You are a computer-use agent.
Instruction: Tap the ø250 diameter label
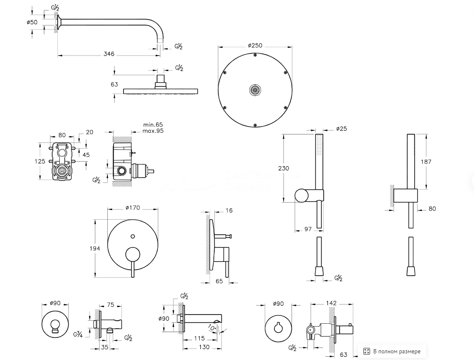coord(255,45)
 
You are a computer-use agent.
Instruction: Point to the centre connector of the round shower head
coord(254,89)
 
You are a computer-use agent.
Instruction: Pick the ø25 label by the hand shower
coord(341,129)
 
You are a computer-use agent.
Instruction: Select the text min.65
coord(153,125)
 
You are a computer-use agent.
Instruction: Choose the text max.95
coord(153,131)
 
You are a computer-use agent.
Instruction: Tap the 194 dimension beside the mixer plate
coord(95,248)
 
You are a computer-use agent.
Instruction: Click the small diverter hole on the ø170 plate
coord(132,237)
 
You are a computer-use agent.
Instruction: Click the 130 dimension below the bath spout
coord(204,347)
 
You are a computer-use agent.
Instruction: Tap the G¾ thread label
coord(77,334)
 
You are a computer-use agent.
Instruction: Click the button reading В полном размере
coord(392,351)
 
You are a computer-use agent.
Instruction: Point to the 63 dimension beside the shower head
coord(114,84)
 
